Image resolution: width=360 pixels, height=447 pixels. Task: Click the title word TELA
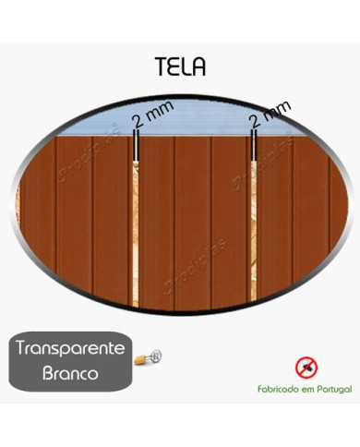click(181, 67)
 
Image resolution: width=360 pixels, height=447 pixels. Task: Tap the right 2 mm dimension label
click(270, 114)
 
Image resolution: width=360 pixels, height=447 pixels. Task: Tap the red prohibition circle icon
click(305, 367)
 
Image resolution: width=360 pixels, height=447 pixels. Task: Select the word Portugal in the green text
click(334, 391)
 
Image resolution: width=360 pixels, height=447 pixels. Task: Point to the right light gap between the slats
click(255, 231)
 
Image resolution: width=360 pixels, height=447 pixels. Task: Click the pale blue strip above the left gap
click(111, 125)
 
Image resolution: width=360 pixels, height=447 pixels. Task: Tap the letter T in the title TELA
click(161, 67)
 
